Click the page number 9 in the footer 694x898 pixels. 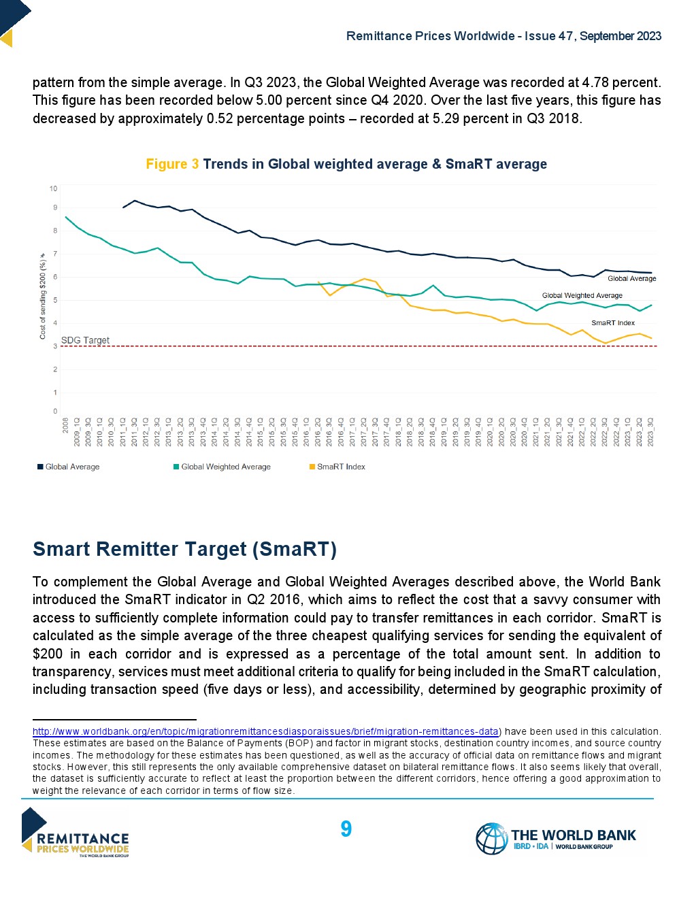click(346, 829)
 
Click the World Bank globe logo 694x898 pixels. click(491, 838)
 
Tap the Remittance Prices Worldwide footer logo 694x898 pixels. click(76, 833)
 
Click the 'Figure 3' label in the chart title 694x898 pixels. click(172, 164)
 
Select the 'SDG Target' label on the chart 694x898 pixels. click(85, 340)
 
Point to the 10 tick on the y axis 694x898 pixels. click(54, 188)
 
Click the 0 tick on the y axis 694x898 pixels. click(55, 411)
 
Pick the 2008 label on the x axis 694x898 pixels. click(66, 426)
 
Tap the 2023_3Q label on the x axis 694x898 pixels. click(650, 433)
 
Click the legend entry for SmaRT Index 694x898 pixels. click(341, 467)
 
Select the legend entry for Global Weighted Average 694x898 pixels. click(225, 467)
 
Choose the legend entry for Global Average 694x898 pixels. click(72, 467)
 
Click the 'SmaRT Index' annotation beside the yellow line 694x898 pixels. click(612, 323)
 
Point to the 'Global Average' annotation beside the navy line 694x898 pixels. click(631, 278)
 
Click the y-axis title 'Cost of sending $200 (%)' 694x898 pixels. click(42, 297)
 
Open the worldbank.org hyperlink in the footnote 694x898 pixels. click(265, 731)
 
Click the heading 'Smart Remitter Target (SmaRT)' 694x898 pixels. click(184, 549)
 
